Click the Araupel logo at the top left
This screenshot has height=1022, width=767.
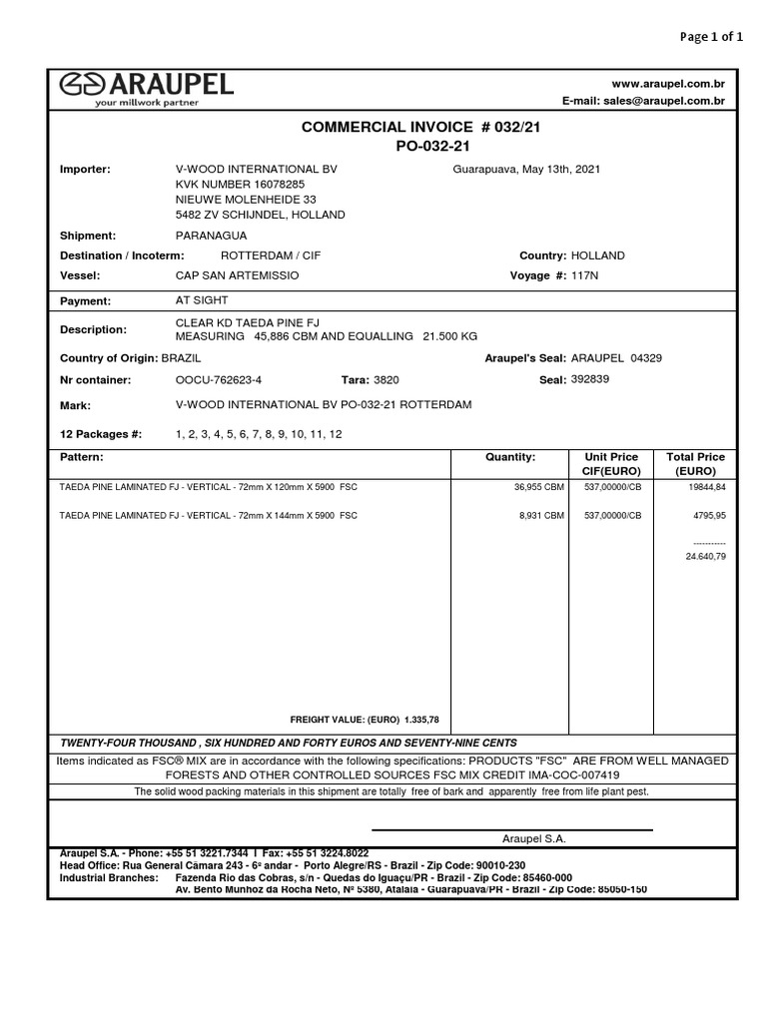click(x=146, y=88)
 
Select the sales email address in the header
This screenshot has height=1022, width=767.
click(x=644, y=102)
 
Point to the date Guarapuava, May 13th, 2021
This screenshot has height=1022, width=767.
click(x=526, y=170)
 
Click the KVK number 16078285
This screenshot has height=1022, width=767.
click(x=240, y=185)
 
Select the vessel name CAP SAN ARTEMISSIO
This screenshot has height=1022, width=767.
click(x=237, y=274)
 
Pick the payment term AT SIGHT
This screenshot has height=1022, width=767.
click(x=202, y=300)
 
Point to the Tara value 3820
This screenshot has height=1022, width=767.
click(x=385, y=380)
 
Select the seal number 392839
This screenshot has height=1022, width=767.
click(x=589, y=380)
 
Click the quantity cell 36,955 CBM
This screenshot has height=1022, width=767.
click(x=536, y=487)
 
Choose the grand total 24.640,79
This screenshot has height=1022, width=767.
click(x=705, y=556)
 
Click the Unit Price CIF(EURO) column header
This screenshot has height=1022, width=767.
click(x=610, y=463)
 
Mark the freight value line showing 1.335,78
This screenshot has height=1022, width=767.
click(x=365, y=720)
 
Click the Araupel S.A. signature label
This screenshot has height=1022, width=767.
click(x=533, y=839)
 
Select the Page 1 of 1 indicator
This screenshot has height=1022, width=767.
click(x=711, y=38)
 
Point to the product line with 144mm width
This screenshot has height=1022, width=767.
click(x=209, y=516)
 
